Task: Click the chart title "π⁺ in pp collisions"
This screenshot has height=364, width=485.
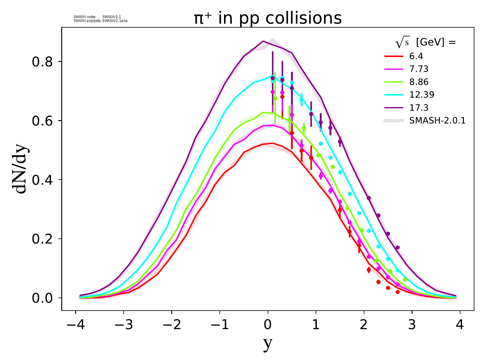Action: pos(268,18)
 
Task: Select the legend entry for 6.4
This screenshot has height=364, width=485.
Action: pos(416,56)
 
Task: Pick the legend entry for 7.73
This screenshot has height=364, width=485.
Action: pos(419,69)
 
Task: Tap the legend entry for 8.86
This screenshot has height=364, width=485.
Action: pos(419,82)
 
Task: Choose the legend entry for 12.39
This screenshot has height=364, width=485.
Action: pos(422,95)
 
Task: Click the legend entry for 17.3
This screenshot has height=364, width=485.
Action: pos(419,108)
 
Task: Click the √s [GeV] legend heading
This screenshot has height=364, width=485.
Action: pos(426,43)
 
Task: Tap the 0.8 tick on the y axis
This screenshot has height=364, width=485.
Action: pos(42,62)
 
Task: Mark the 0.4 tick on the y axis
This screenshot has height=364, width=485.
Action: pos(42,180)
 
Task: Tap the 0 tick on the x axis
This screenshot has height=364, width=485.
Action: pos(268,325)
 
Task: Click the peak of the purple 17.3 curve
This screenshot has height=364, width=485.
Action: pos(263,41)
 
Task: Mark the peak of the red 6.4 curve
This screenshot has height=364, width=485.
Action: pos(273,143)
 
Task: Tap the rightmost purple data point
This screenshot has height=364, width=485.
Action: pos(397,248)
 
